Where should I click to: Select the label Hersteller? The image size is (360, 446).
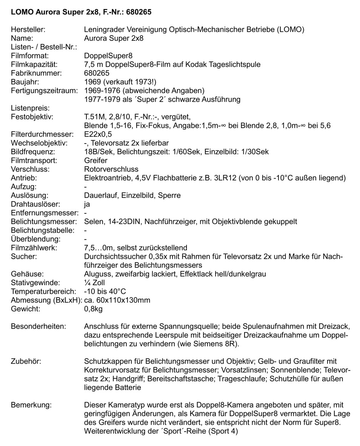click(x=29, y=29)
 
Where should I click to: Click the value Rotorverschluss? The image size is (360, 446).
click(x=111, y=169)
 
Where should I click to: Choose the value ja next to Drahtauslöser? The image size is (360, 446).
click(x=87, y=204)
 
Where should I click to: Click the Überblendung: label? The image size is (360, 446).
click(x=35, y=239)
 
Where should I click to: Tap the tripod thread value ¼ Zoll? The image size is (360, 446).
click(x=95, y=282)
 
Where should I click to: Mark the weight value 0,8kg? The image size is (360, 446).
click(x=94, y=309)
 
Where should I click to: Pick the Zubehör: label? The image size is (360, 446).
click(x=26, y=361)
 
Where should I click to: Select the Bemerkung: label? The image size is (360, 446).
click(x=31, y=405)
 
